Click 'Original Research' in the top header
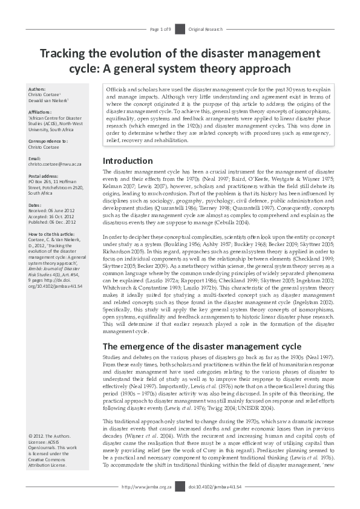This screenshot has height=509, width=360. (x=206, y=29)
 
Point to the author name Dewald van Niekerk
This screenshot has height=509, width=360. (x=53, y=100)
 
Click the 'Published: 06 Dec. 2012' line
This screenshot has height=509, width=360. (x=56, y=221)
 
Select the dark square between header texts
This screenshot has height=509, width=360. (x=180, y=29)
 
